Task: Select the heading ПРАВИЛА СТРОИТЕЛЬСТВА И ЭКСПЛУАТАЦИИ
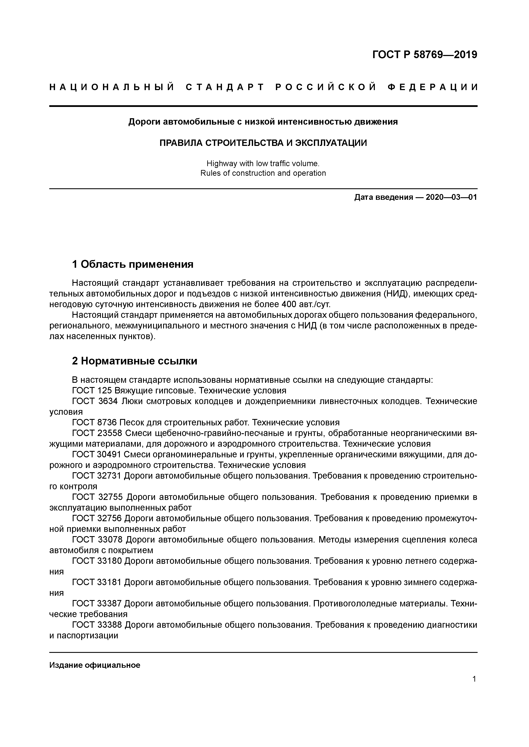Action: (x=263, y=143)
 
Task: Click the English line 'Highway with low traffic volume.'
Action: (x=263, y=163)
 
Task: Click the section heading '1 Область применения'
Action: (x=133, y=264)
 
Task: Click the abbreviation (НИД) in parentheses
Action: (x=393, y=294)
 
